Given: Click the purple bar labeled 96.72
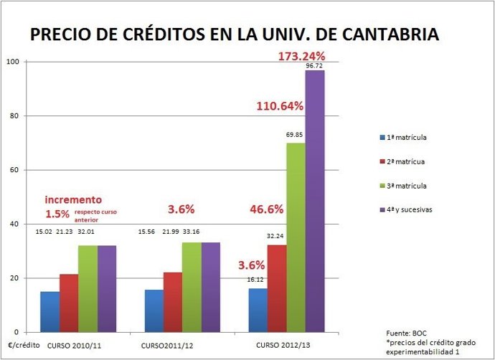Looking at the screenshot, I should click(314, 201).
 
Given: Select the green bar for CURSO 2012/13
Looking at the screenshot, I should click(295, 237).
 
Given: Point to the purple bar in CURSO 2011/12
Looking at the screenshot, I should click(210, 287).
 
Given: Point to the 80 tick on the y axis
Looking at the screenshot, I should click(14, 115).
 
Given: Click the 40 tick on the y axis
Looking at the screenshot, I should click(14, 224).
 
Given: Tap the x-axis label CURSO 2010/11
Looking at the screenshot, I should click(73, 346).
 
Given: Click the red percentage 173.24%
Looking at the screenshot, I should click(302, 55).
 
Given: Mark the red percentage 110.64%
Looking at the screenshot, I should click(280, 106).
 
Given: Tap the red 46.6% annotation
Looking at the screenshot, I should click(267, 210).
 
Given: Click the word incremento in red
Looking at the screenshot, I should click(73, 199).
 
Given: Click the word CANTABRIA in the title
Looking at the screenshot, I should click(392, 34).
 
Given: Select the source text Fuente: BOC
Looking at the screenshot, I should click(407, 333).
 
